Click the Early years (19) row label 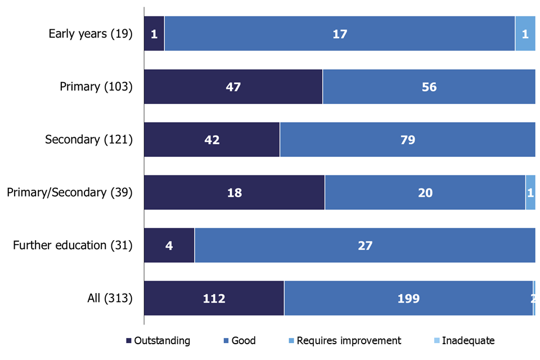(x=91, y=34)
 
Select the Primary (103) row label (x=96, y=87)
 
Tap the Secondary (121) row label (x=89, y=139)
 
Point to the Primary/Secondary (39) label (x=70, y=192)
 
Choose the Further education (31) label (x=73, y=245)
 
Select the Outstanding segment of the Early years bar (x=154, y=34)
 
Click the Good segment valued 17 (x=340, y=34)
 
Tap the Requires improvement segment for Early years (x=525, y=34)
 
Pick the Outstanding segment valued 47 (x=233, y=87)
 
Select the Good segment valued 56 (x=429, y=87)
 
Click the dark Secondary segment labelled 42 (x=212, y=139)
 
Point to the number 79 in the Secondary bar (x=407, y=139)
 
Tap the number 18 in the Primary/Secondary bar (x=234, y=192)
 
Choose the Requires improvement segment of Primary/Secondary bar (x=530, y=192)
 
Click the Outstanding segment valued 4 (x=169, y=245)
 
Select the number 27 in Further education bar (x=365, y=245)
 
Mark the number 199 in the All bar (x=408, y=298)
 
